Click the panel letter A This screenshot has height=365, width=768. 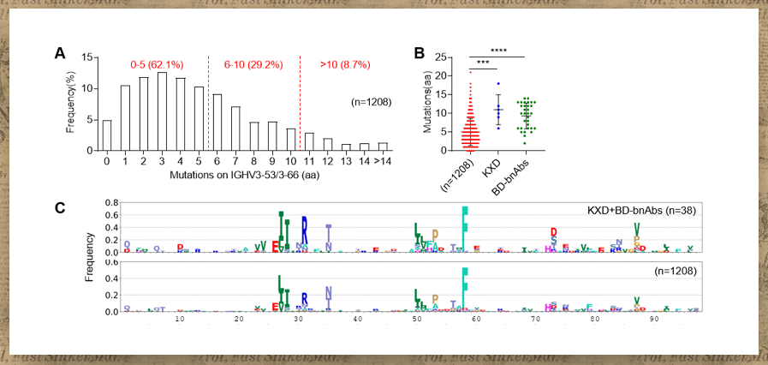60,53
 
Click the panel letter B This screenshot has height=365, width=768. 420,53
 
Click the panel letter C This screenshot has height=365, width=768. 59,209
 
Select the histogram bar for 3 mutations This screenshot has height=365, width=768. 162,111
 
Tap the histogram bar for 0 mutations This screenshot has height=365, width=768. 107,135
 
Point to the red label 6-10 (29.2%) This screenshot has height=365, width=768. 253,65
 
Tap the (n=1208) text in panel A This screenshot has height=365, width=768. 371,102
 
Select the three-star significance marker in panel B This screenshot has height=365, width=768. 483,64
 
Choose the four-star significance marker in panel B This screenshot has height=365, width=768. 497,51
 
